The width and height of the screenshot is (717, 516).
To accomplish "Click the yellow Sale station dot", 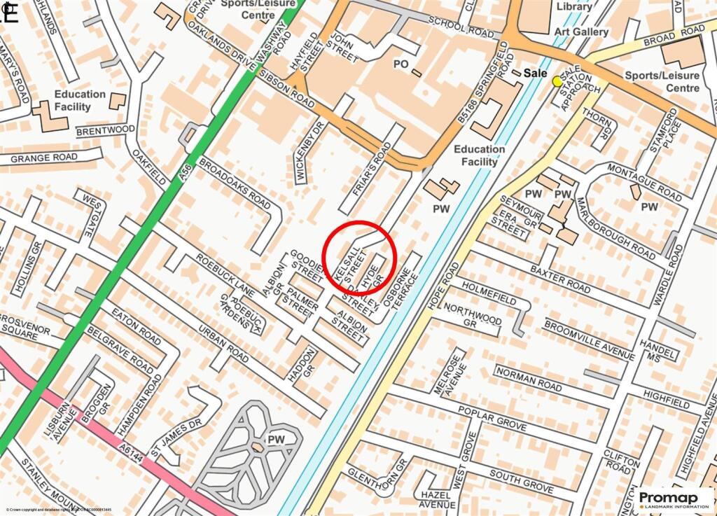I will click(x=557, y=81).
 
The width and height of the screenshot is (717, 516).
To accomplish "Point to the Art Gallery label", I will click(x=581, y=32).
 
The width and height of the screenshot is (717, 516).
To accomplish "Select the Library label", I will click(x=575, y=6).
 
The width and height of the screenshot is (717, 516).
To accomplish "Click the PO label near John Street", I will click(x=401, y=64).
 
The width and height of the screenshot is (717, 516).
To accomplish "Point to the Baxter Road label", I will click(x=560, y=278).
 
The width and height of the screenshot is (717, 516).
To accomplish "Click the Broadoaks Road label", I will click(x=235, y=183).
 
